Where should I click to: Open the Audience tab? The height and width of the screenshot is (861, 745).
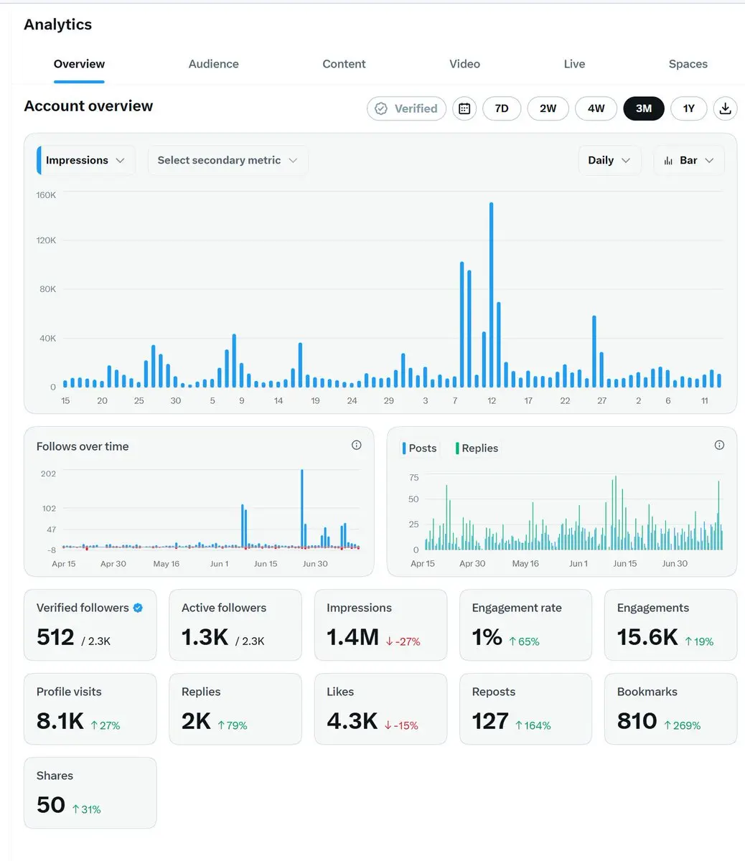[x=213, y=64]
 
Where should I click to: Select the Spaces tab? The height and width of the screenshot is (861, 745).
[x=688, y=64]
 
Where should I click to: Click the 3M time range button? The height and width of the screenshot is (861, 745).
[x=643, y=108]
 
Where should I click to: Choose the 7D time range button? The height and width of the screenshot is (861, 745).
[x=502, y=108]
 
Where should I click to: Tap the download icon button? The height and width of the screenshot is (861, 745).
[x=725, y=108]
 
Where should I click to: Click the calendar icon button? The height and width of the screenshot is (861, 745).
[x=464, y=108]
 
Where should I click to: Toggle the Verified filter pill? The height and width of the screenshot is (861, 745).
[x=406, y=108]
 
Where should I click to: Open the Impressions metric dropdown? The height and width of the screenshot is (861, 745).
[x=86, y=160]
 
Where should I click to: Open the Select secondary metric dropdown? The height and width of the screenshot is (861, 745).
[x=228, y=160]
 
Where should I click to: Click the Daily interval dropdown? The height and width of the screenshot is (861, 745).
[x=609, y=160]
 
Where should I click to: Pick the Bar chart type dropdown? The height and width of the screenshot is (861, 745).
[x=689, y=160]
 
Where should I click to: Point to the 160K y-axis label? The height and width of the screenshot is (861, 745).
[x=46, y=195]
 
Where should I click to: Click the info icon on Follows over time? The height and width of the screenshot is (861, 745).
[x=356, y=445]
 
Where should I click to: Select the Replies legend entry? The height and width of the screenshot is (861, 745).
[x=477, y=448]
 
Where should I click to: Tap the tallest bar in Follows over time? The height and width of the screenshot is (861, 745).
[x=302, y=508]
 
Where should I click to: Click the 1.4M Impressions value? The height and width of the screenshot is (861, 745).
[x=353, y=637]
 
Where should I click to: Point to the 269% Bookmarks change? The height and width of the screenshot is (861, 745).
[x=683, y=725]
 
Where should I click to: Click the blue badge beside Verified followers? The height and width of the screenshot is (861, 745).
[x=138, y=608]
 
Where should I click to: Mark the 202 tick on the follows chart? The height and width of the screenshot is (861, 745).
[x=48, y=474]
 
